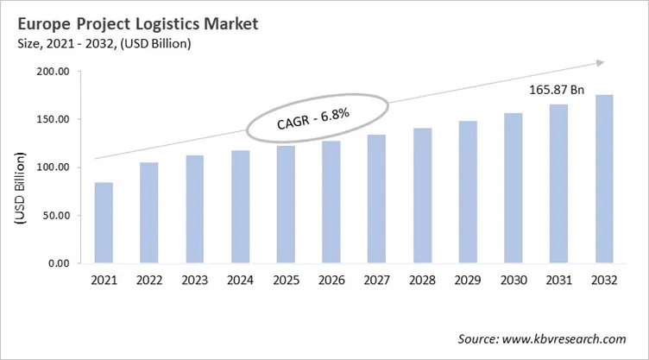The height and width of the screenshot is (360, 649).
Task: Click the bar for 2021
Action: pyautogui.click(x=104, y=223)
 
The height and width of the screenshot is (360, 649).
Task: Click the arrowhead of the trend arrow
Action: pyautogui.click(x=596, y=63)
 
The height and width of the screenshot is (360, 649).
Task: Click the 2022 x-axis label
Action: pyautogui.click(x=148, y=280)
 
